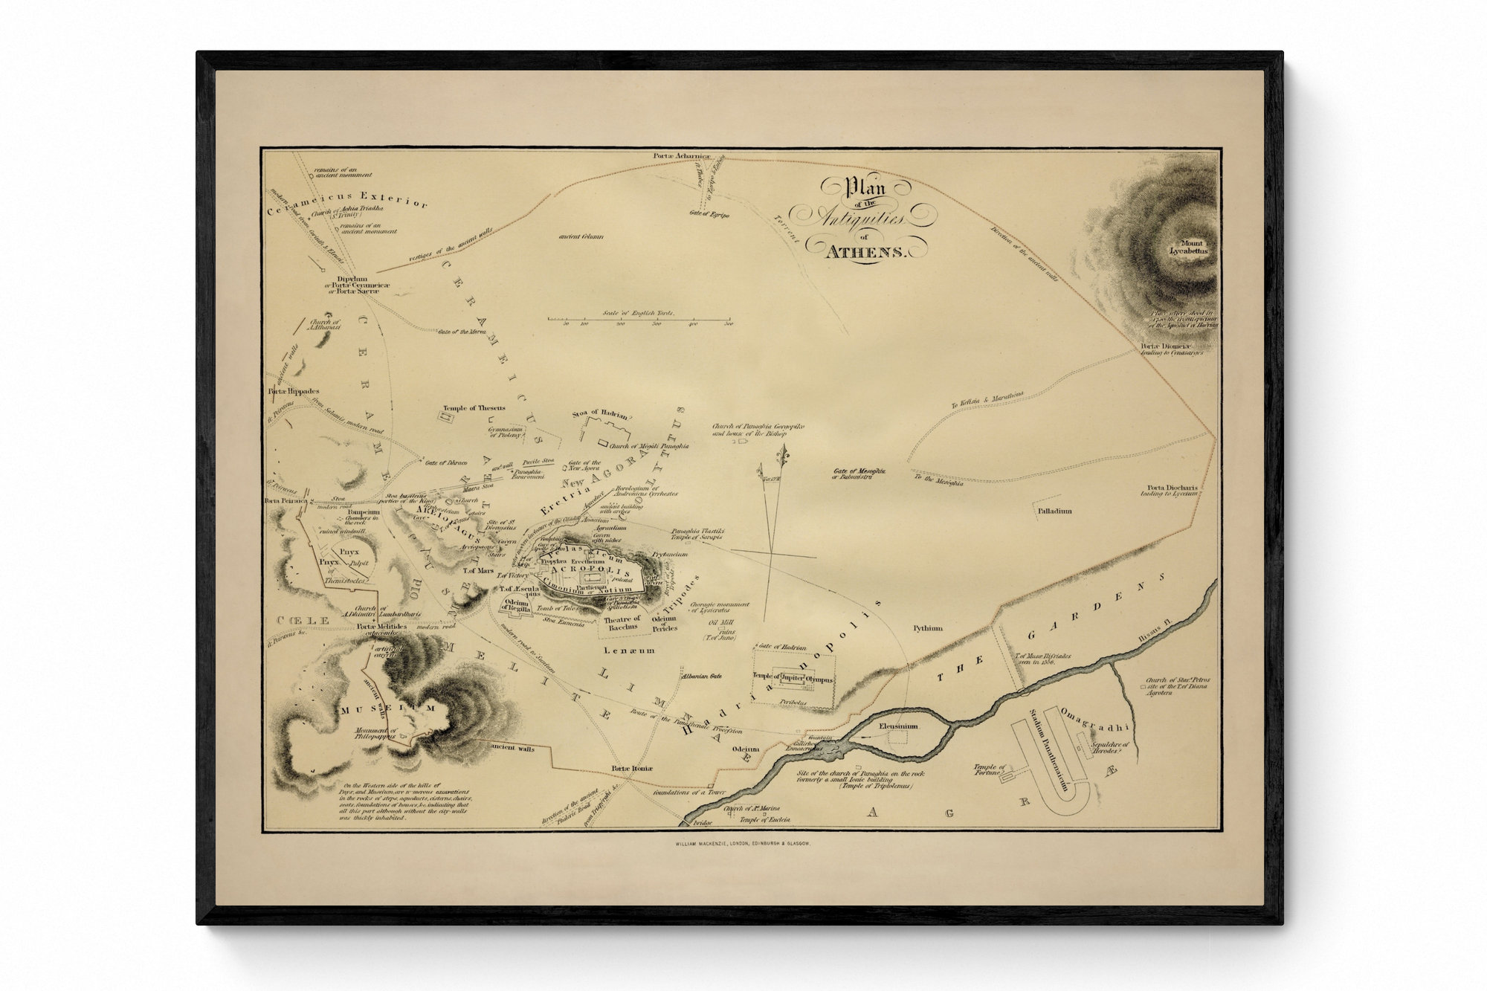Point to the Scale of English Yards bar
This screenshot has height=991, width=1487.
click(639, 320)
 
